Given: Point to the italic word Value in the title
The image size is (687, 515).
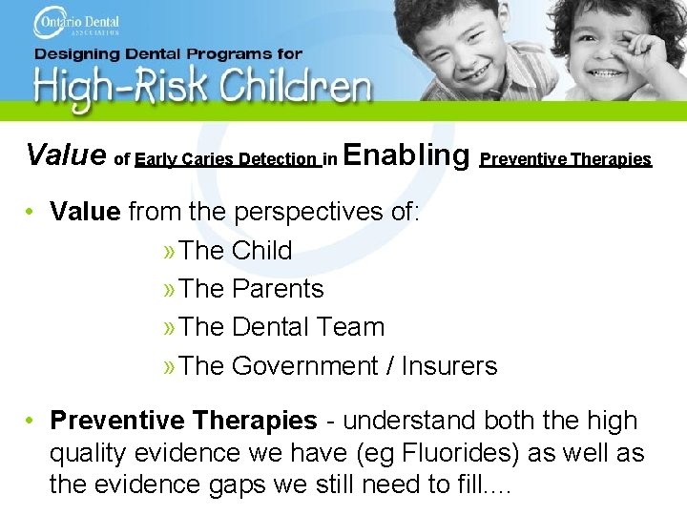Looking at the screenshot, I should pyautogui.click(x=66, y=154).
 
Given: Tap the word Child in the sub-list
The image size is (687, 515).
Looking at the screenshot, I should pyautogui.click(x=261, y=251).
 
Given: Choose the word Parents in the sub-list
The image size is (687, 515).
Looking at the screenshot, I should pyautogui.click(x=278, y=289).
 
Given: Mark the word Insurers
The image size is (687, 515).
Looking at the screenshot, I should pyautogui.click(x=449, y=366).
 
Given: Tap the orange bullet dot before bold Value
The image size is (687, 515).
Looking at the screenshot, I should pyautogui.click(x=31, y=212).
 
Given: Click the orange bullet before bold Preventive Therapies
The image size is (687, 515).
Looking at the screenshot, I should pyautogui.click(x=31, y=421).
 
